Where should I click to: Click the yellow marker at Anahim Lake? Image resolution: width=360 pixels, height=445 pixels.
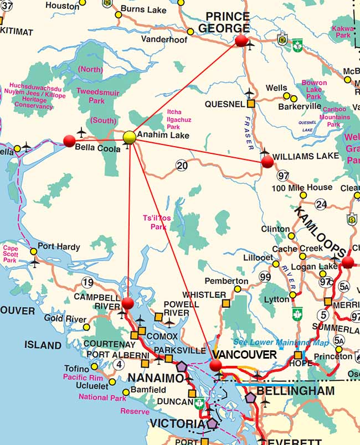(x=129, y=137)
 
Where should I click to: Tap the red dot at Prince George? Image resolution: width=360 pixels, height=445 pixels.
(x=241, y=40)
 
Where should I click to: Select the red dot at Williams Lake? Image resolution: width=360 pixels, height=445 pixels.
(x=267, y=162)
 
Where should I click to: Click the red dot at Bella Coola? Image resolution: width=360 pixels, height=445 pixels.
(x=69, y=141)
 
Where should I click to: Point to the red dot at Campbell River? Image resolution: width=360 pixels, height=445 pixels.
(x=128, y=303)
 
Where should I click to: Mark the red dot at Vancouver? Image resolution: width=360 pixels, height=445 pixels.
(x=215, y=365)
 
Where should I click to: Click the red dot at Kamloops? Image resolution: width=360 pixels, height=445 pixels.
(x=348, y=262)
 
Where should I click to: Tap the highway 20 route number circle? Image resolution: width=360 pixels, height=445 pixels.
(x=182, y=165)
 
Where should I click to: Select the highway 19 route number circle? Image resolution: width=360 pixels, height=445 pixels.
(x=88, y=283)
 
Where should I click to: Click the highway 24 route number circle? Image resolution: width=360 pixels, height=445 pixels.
(x=321, y=205)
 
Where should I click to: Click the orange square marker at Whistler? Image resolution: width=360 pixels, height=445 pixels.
(x=225, y=303)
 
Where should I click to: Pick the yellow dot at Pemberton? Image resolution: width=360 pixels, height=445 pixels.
(x=238, y=289)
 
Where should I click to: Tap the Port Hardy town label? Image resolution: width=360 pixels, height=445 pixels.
(x=59, y=247)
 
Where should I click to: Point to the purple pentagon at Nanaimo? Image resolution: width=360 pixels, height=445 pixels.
(x=182, y=366)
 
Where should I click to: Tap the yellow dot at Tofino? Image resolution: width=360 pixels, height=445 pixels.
(x=94, y=366)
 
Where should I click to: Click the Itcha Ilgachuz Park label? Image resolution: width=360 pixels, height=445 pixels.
(x=173, y=120)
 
